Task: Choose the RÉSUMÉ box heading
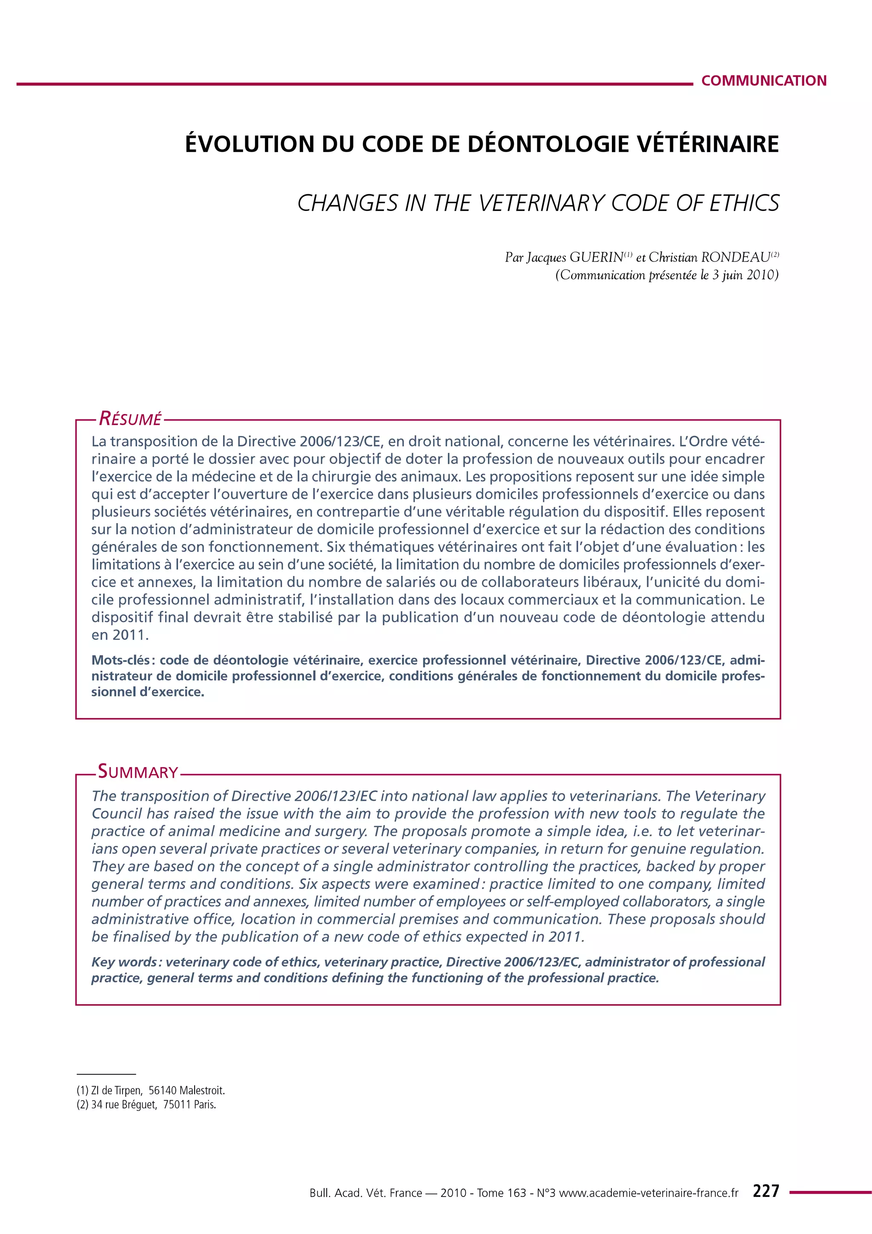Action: [130, 419]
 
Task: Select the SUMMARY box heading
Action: [138, 772]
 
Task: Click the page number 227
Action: [766, 1191]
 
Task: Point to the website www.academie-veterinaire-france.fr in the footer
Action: [648, 1193]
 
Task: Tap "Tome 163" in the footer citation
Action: [501, 1193]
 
